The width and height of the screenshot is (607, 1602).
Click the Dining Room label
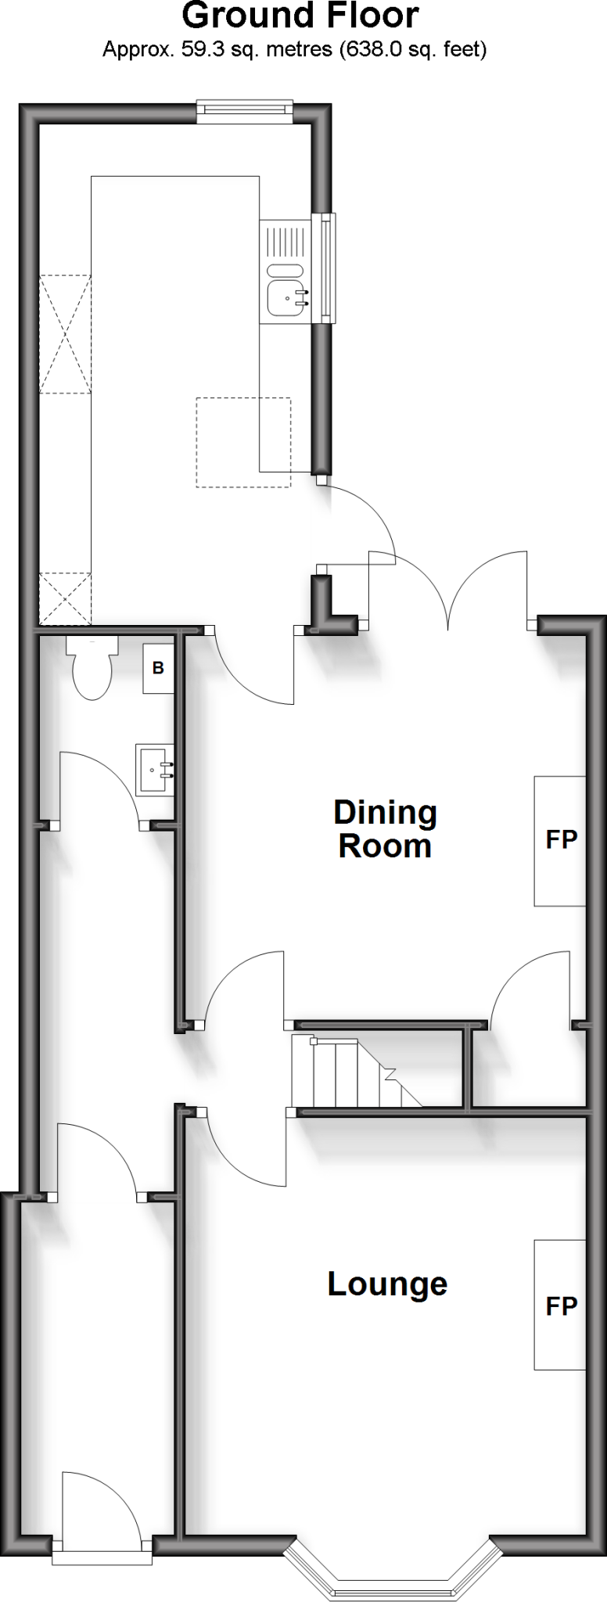[x=385, y=829]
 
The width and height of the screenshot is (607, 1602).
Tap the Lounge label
[x=387, y=1284]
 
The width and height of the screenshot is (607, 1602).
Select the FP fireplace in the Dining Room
[x=560, y=841]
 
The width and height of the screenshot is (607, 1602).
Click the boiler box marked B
[x=158, y=669]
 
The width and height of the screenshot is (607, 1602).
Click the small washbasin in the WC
[x=153, y=770]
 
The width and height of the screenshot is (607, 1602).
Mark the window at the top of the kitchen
[x=244, y=113]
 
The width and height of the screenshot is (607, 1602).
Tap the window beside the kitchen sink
[x=325, y=268]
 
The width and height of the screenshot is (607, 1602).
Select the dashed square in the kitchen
[x=243, y=443]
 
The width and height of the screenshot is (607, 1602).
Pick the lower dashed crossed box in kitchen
[x=66, y=598]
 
